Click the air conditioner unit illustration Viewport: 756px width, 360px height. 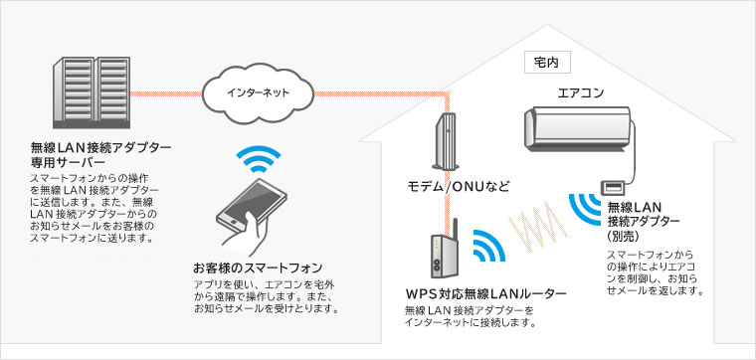click(577, 130)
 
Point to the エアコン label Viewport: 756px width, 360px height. click(578, 94)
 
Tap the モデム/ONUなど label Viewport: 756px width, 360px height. click(458, 186)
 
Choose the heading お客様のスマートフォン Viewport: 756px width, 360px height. click(258, 267)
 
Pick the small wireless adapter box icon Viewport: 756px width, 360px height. click(610, 187)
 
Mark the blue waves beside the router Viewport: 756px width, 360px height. click(484, 249)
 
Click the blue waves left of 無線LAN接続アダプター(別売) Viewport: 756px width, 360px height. click(584, 210)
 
